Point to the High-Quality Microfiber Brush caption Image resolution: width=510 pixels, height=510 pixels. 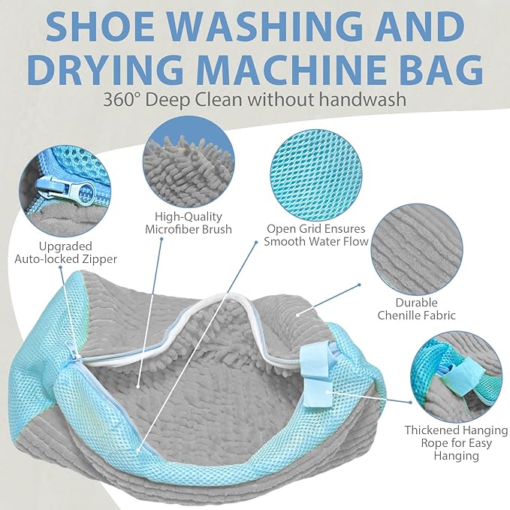pos(189,222)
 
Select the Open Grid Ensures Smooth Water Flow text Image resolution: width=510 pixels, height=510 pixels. pos(316,235)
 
